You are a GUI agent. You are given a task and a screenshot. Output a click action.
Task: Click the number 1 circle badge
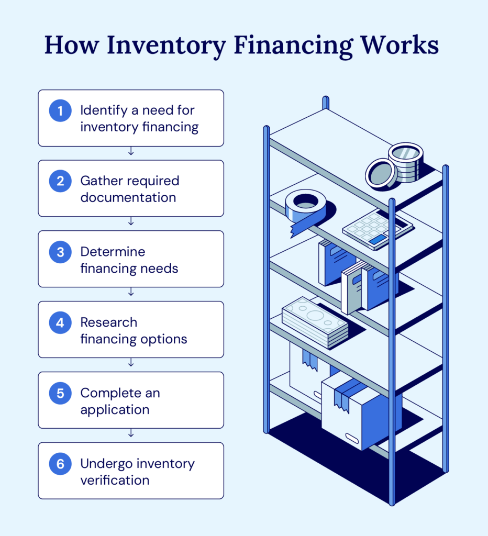pyautogui.click(x=60, y=111)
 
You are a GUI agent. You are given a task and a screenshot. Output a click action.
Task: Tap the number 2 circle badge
pyautogui.click(x=60, y=181)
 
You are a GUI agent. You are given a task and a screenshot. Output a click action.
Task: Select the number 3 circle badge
pyautogui.click(x=60, y=252)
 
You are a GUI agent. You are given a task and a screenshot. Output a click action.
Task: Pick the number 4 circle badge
pyautogui.click(x=60, y=322)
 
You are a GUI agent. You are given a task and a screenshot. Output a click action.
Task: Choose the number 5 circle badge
pyautogui.click(x=60, y=393)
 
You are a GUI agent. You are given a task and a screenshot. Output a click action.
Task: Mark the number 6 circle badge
pyautogui.click(x=60, y=464)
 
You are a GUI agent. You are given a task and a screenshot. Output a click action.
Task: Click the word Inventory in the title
pyautogui.click(x=166, y=46)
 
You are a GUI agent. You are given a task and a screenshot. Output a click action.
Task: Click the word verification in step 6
pyautogui.click(x=115, y=480)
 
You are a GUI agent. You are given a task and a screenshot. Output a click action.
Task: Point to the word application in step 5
pyautogui.click(x=115, y=409)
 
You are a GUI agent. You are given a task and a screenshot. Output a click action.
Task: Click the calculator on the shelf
pyautogui.click(x=377, y=229)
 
